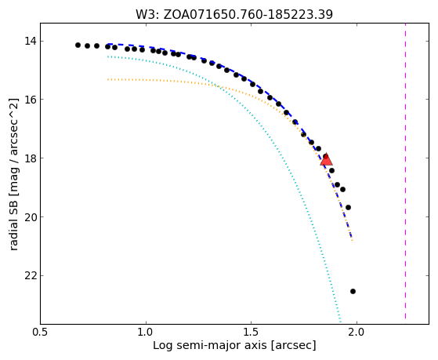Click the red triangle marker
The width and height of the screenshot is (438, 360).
[x=326, y=160]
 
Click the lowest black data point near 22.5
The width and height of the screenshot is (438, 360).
[x=353, y=291]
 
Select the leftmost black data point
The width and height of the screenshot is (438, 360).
[x=78, y=45]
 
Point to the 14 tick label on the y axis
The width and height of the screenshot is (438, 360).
[x=31, y=42]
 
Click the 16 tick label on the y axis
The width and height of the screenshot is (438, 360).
[x=31, y=100]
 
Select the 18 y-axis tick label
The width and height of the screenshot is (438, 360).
[x=31, y=158]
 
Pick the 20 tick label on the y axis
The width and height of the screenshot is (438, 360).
[x=31, y=216]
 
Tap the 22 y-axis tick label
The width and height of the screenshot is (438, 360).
[x=31, y=275]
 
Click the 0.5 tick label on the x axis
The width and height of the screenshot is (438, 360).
[x=41, y=333]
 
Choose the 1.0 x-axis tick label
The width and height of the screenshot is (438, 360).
[x=146, y=333]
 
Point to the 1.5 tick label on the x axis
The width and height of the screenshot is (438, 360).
[x=251, y=333]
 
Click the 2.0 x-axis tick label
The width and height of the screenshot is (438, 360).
[x=357, y=333]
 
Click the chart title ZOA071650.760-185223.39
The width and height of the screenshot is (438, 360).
[x=248, y=15]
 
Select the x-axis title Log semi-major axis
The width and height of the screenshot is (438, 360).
[x=210, y=345]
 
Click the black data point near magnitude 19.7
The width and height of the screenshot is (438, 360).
[x=348, y=207]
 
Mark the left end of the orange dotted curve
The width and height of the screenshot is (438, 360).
[x=108, y=79]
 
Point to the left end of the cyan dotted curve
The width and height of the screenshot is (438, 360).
[x=108, y=56]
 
